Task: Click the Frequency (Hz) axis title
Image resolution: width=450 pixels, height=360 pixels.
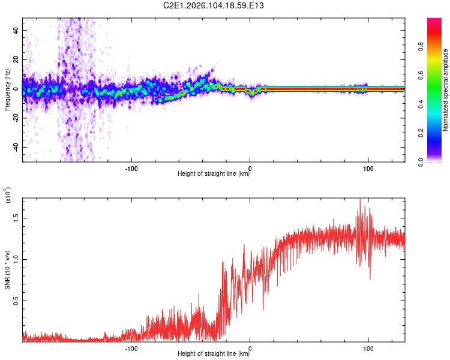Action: coord(7,90)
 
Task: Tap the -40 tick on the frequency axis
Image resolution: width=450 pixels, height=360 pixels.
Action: coord(16,147)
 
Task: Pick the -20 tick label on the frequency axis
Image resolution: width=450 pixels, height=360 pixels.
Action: coord(16,118)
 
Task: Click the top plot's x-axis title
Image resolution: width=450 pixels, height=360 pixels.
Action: coord(214,174)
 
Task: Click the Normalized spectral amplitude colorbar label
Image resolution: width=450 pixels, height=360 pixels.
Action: coord(446,90)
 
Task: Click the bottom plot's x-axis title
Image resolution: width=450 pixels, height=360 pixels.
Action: coord(214,354)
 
